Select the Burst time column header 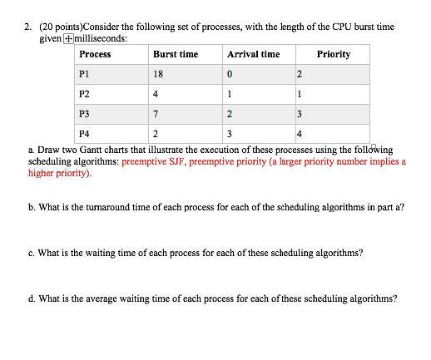click(x=176, y=55)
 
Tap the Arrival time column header click(x=253, y=55)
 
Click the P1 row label click(x=84, y=75)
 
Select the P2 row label click(x=84, y=94)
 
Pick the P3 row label click(x=84, y=113)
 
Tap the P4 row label click(x=84, y=132)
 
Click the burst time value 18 click(x=158, y=75)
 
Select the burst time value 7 click(x=156, y=113)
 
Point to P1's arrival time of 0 click(x=230, y=75)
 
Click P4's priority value click(x=300, y=132)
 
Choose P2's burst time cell click(x=156, y=94)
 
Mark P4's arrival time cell click(x=230, y=132)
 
